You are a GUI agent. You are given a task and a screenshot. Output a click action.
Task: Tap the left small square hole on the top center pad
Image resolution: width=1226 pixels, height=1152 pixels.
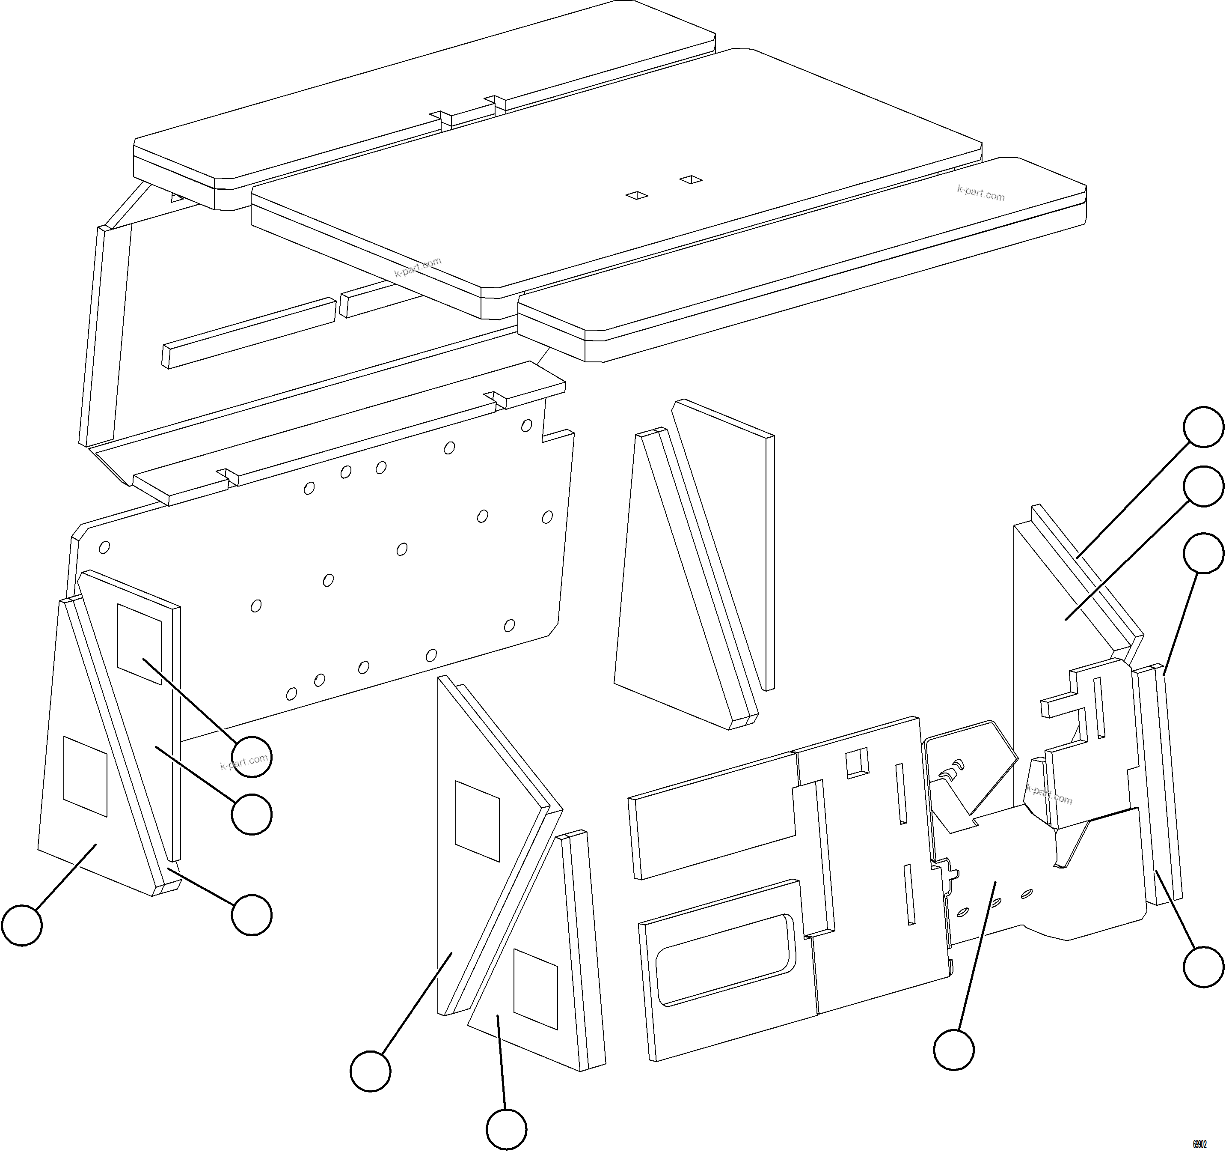pos(636,196)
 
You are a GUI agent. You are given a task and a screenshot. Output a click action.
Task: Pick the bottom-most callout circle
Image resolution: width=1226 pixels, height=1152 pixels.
pos(506,1129)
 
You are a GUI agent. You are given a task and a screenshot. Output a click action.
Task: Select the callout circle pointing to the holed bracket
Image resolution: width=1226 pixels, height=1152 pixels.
pos(953,1049)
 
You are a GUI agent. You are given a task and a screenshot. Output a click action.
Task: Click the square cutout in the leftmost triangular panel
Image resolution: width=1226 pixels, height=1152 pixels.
pos(86,776)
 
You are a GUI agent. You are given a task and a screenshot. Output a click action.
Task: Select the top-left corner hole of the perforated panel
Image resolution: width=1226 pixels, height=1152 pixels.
pos(104,547)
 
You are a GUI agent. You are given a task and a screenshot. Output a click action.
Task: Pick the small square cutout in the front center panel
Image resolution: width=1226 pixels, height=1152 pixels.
pos(857,763)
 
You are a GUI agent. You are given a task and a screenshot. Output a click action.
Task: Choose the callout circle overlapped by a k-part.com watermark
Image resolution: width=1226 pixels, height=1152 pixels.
pos(252,756)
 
